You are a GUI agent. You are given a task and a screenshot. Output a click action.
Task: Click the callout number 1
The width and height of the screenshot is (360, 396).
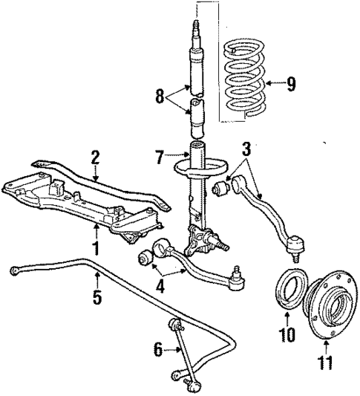pos(96,245)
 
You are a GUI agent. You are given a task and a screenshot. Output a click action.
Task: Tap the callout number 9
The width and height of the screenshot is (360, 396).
pos(292,82)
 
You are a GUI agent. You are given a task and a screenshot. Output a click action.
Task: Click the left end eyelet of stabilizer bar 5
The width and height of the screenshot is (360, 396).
pos(15,270)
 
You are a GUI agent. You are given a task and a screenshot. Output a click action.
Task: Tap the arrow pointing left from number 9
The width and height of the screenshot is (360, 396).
pos(273,83)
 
